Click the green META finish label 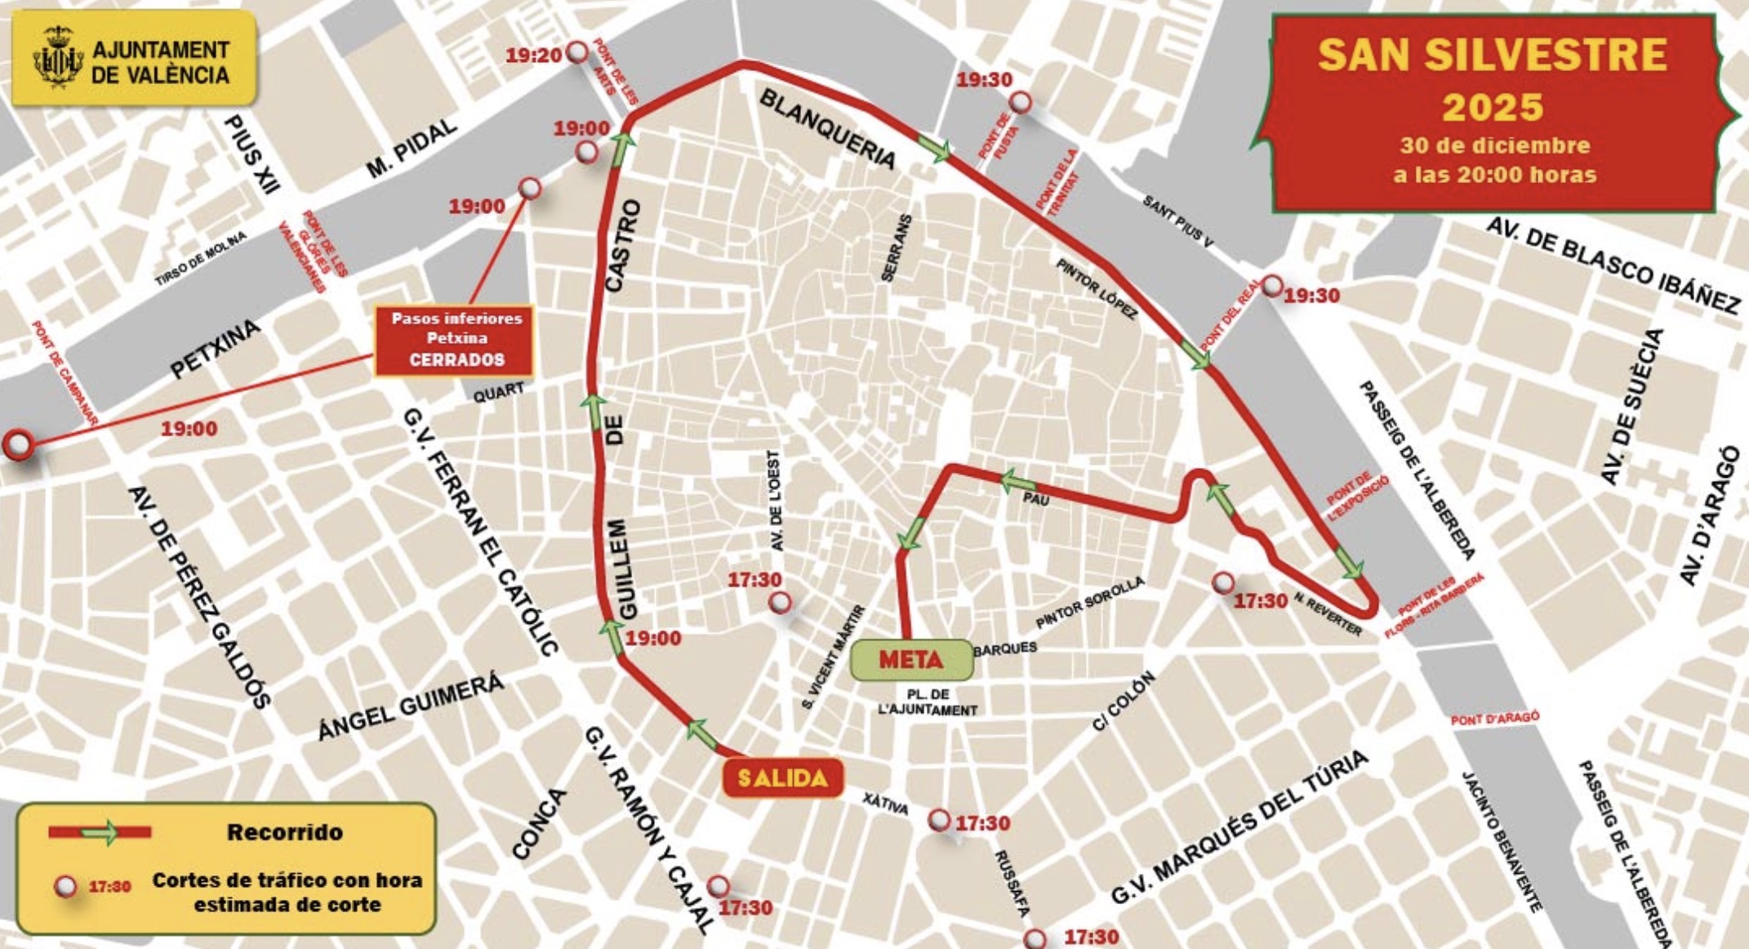pyautogui.click(x=911, y=660)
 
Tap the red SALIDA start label pyautogui.click(x=782, y=778)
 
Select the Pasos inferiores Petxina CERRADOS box pyautogui.click(x=456, y=340)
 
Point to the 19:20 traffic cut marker pyautogui.click(x=578, y=52)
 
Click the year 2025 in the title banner pyautogui.click(x=1493, y=107)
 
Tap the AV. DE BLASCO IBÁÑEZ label pyautogui.click(x=1613, y=265)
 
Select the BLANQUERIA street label pyautogui.click(x=827, y=129)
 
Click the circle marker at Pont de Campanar pyautogui.click(x=17, y=445)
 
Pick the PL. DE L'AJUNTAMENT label pyautogui.click(x=928, y=702)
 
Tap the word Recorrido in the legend pyautogui.click(x=284, y=832)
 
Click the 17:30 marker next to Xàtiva pyautogui.click(x=940, y=820)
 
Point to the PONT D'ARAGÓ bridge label pyautogui.click(x=1494, y=718)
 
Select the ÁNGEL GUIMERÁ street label pyautogui.click(x=411, y=707)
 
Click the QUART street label pyautogui.click(x=498, y=392)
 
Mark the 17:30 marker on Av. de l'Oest pyautogui.click(x=781, y=603)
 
